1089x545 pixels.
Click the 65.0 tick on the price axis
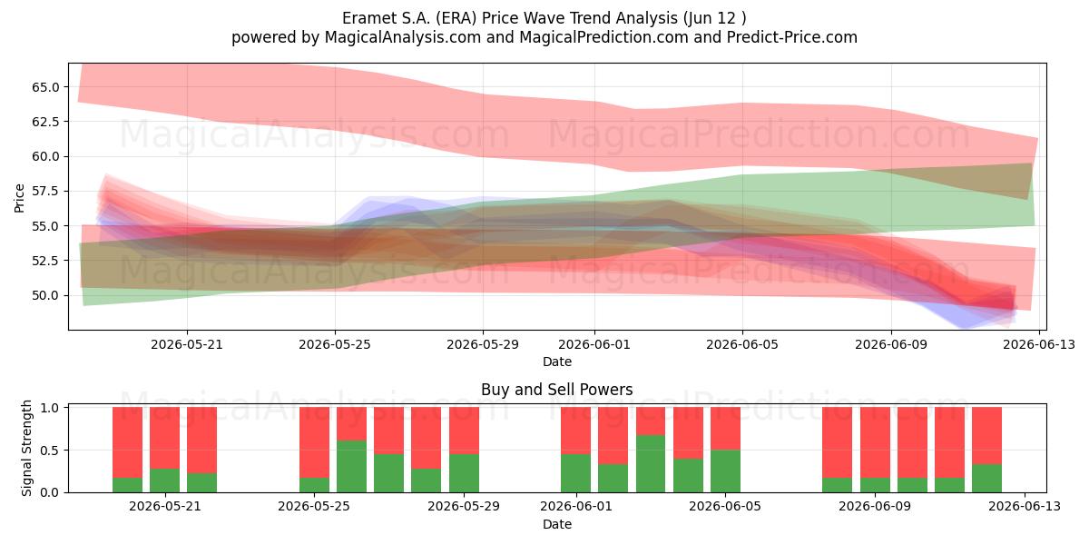coord(45,87)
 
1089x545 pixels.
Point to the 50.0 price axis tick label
coord(45,295)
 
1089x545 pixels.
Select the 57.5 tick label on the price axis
coord(45,192)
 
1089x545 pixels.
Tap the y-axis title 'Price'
coord(19,198)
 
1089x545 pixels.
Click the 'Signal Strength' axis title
coord(26,448)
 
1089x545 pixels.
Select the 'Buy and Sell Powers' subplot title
coord(556,390)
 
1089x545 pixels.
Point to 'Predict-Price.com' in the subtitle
coord(792,37)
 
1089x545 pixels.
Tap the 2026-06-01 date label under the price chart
coord(594,344)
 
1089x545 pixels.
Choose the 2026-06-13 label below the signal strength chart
coord(1025,507)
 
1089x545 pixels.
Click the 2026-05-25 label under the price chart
coord(335,344)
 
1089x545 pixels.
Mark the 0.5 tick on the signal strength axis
coord(49,451)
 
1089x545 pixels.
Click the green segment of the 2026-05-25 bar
coord(314,485)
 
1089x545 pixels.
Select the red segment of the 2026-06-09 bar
coord(875,442)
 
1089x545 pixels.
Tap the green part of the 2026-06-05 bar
coord(725,471)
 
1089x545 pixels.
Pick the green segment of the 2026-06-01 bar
coord(575,473)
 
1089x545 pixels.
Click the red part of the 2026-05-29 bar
coord(464,431)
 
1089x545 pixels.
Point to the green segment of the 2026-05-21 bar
coord(164,481)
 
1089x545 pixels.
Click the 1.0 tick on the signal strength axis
coord(49,407)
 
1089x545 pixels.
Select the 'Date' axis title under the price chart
coord(556,362)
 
